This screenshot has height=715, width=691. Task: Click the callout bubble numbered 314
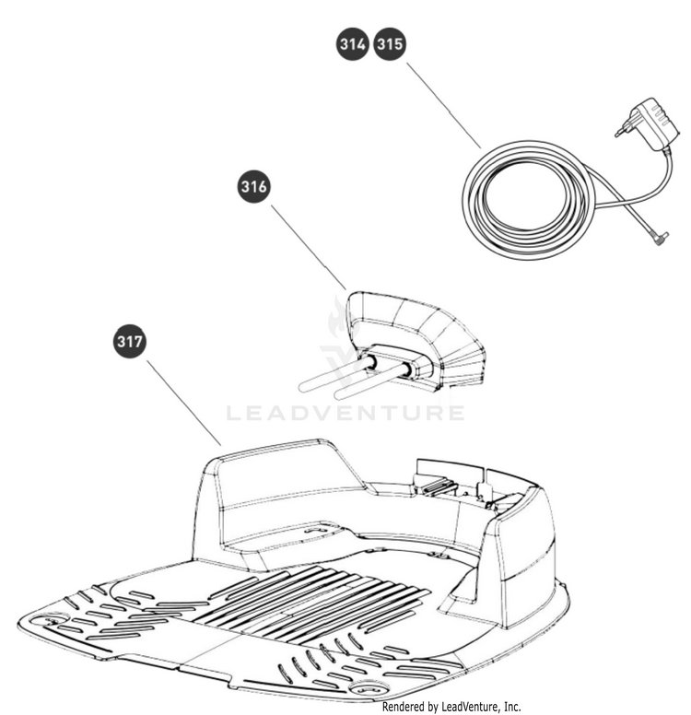pyautogui.click(x=355, y=45)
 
